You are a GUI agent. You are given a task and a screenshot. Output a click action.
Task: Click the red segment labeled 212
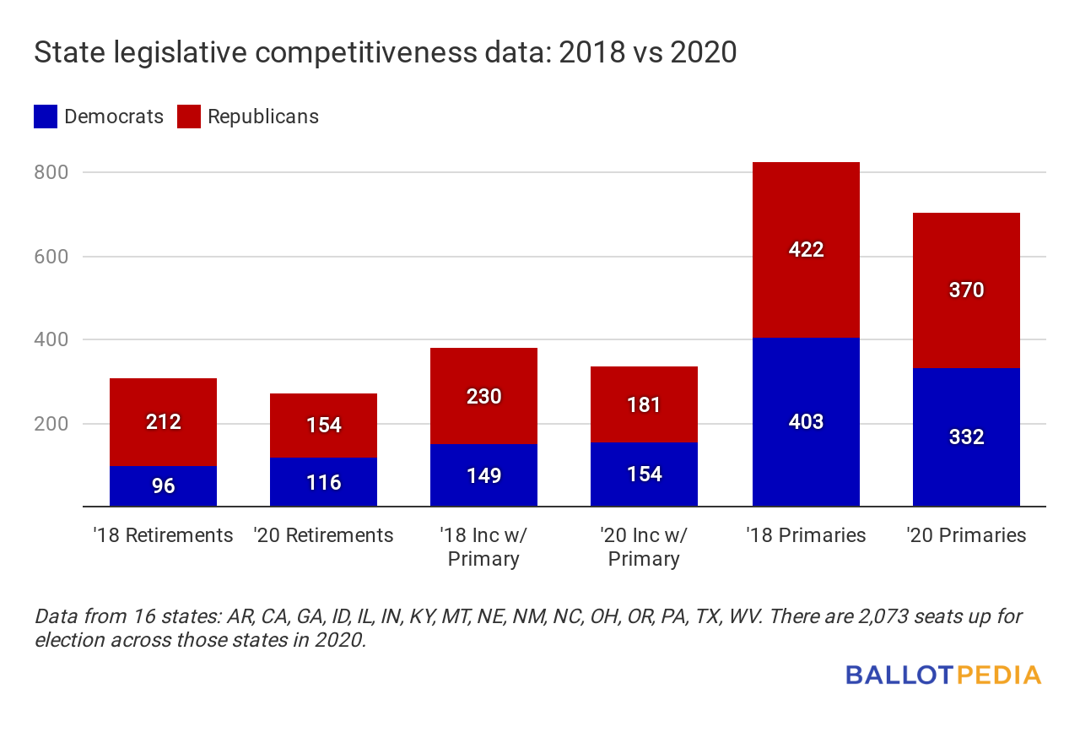coord(163,421)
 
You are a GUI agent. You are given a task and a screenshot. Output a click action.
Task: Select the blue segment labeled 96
coord(163,485)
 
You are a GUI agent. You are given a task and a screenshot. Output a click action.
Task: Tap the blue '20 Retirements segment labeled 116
coord(323,482)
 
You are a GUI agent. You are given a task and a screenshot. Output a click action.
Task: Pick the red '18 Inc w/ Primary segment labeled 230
coord(483,395)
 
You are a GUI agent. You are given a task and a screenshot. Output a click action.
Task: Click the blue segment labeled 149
coord(483,475)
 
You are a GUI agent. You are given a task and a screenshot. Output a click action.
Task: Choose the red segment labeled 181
coord(644,404)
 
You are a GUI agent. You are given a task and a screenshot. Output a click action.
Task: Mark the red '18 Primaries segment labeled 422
coord(806,249)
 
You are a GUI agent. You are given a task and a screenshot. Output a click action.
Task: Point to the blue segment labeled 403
coord(806,421)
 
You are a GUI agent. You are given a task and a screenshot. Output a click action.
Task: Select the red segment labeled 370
coord(966,290)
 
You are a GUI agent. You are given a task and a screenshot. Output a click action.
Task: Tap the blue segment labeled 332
coord(966,437)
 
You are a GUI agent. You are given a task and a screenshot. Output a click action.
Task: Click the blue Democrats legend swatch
coord(46,117)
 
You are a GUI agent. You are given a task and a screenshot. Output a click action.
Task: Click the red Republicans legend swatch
coord(189,117)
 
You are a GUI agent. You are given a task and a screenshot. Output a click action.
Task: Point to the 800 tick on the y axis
coord(51,172)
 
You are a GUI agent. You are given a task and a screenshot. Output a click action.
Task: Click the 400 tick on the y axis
coord(51,339)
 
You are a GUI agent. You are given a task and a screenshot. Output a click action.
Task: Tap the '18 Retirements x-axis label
coord(163,535)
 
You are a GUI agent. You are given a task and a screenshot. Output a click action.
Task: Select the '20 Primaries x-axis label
coord(966,535)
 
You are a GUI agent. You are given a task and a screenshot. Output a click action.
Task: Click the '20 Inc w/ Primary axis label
coord(644,546)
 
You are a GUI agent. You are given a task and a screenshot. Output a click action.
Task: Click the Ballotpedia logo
coord(943,675)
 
